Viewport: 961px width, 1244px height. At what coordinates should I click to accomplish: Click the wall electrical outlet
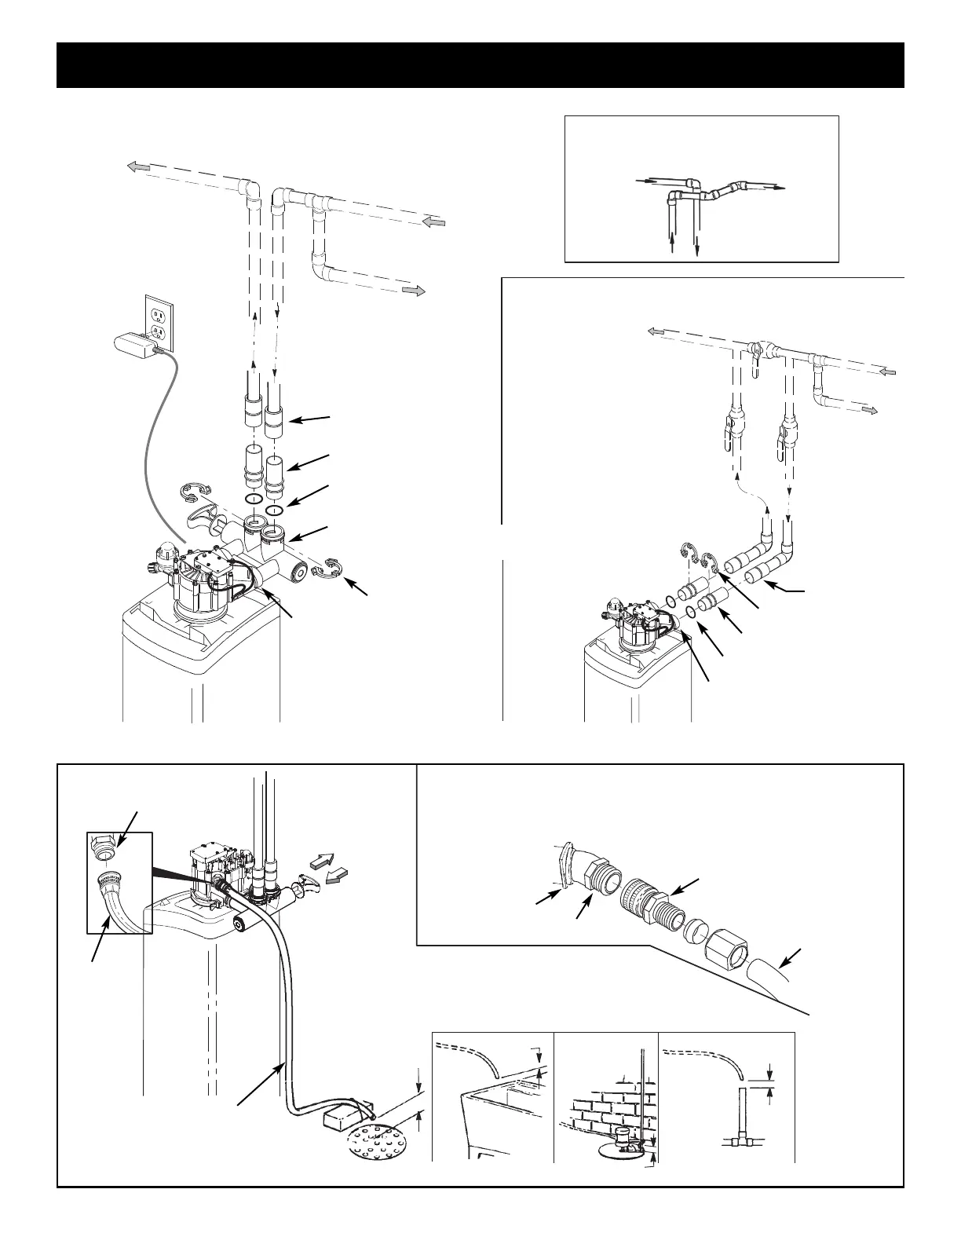(x=160, y=323)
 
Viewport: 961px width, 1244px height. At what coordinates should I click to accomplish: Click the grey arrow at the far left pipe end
(x=139, y=166)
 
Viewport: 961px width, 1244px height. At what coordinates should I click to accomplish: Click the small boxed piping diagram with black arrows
(x=702, y=188)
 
